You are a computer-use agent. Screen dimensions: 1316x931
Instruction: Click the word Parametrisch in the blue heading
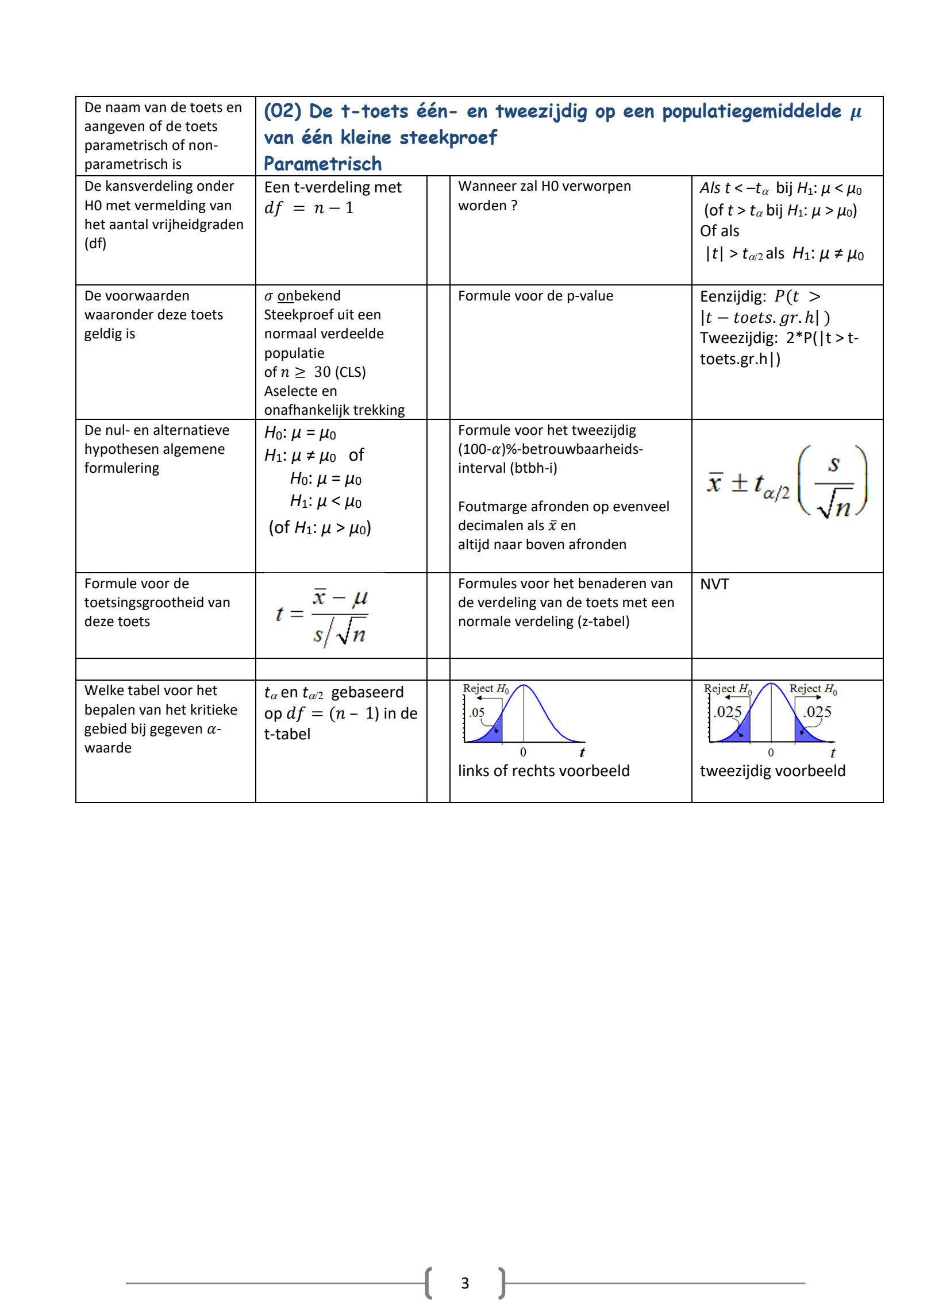click(322, 164)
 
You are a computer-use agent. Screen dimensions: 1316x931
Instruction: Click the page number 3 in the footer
click(465, 1283)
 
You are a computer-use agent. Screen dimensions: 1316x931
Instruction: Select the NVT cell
click(714, 584)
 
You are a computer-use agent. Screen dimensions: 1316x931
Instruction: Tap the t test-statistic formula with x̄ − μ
click(322, 616)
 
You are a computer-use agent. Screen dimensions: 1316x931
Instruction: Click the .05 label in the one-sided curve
click(477, 713)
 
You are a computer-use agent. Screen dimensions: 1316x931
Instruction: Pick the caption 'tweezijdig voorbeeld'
click(772, 771)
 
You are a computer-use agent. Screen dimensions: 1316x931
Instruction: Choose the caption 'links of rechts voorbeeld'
click(544, 771)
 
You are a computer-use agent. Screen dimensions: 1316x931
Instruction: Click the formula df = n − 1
click(309, 208)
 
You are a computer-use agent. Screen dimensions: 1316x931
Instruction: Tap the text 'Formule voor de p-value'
click(535, 296)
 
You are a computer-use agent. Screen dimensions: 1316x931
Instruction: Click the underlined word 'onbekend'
click(309, 296)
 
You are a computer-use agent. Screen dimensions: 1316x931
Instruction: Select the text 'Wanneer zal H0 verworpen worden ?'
click(544, 196)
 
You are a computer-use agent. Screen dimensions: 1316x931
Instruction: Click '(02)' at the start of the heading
click(282, 111)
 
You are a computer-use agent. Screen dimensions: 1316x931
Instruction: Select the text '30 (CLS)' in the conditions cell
click(340, 372)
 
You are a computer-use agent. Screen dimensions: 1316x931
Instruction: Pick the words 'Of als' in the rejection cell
click(720, 231)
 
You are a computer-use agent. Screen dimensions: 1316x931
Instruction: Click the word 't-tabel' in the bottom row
click(287, 734)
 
